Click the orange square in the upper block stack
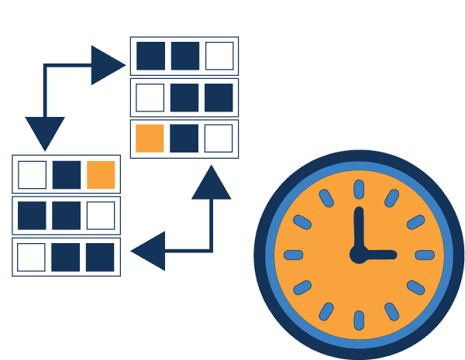pos(150,139)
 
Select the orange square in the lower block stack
pos(102,174)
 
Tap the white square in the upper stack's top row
pos(219,56)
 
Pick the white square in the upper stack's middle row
pos(150,98)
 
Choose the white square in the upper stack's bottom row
pos(219,139)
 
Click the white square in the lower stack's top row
pos(32,174)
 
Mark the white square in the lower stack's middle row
pos(101,215)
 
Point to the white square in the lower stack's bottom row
pos(32,257)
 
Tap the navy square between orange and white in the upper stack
pos(184,139)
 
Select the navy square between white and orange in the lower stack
pos(67,174)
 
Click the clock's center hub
pos(359,254)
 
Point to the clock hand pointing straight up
pos(359,228)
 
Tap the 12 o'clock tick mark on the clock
pos(359,188)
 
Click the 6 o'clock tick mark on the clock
pos(359,320)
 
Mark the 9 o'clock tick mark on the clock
pos(294,255)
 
